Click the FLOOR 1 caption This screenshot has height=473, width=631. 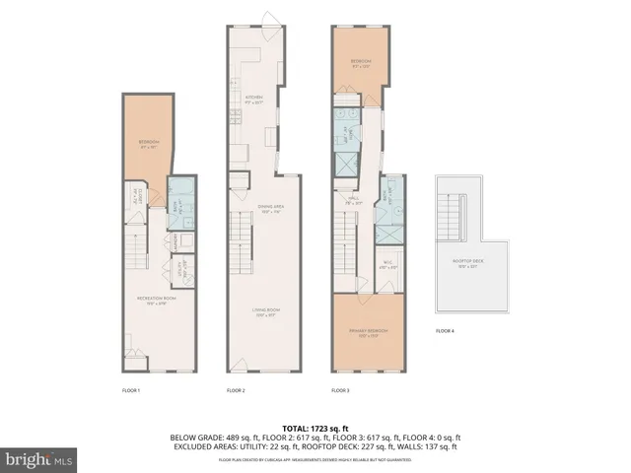(x=131, y=391)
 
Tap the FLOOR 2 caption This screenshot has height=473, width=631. (x=236, y=391)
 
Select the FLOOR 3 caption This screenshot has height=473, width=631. (x=340, y=391)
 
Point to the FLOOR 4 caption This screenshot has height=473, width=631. (x=446, y=331)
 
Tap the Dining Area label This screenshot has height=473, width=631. (x=258, y=208)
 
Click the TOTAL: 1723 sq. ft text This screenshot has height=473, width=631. (x=315, y=427)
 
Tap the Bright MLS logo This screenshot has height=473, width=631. (x=37, y=459)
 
